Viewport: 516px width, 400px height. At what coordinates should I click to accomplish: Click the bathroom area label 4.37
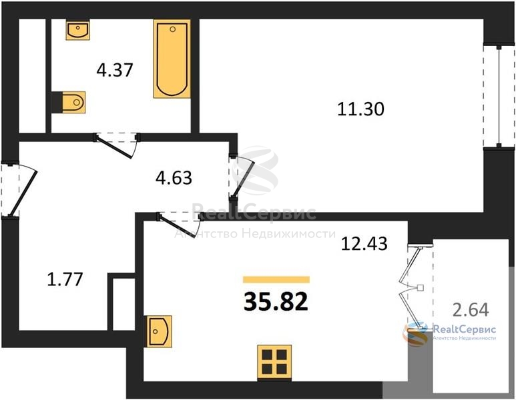[115, 70]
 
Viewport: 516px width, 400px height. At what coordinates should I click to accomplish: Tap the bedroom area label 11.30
[360, 109]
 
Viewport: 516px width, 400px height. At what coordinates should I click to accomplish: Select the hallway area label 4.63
[174, 178]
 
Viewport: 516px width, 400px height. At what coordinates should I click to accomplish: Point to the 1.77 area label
[65, 279]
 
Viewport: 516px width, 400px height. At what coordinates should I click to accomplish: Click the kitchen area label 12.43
[364, 244]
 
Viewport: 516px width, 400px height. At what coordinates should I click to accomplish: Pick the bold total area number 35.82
[276, 302]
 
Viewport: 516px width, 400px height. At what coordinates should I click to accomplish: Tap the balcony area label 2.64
[471, 309]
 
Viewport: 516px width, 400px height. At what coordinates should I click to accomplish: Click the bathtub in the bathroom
[172, 59]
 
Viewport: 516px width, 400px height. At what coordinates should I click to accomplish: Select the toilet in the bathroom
[69, 102]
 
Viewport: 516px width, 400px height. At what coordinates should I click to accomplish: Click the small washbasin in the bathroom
[77, 30]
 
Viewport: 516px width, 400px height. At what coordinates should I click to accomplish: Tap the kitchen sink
[160, 331]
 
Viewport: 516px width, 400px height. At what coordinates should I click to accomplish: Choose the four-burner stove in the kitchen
[274, 362]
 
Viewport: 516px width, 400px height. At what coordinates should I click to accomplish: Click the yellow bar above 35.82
[276, 279]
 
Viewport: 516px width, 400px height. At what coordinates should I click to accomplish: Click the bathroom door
[117, 145]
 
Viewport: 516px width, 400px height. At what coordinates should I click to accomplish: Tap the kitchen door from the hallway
[180, 223]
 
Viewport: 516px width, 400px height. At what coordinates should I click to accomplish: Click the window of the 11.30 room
[499, 96]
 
